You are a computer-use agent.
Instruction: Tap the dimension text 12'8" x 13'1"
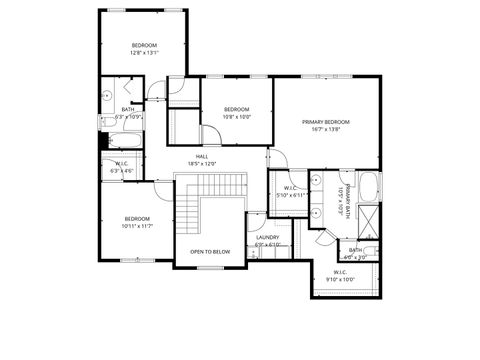tap(144, 54)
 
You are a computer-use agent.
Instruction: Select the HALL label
tap(202, 156)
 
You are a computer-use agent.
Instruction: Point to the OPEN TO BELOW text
tap(210, 251)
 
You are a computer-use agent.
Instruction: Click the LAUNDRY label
tap(267, 237)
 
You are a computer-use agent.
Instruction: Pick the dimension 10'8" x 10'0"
tap(236, 116)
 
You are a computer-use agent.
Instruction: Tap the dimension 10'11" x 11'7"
tap(137, 226)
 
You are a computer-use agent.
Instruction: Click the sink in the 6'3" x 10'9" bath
tap(106, 97)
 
